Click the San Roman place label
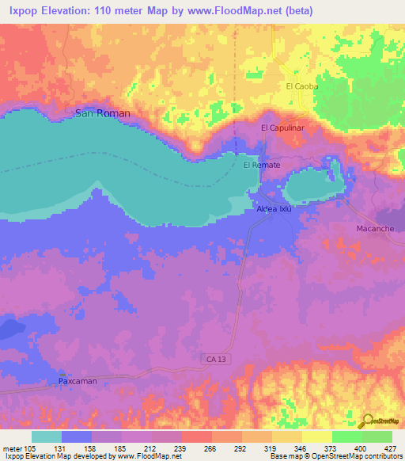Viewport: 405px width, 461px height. tap(102, 113)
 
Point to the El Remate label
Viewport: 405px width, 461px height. tap(262, 165)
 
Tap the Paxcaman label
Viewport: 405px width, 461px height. tap(81, 381)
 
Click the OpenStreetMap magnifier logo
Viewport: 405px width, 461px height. tap(366, 421)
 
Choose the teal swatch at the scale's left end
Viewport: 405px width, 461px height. tap(47, 436)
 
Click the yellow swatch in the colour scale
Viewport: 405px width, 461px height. tap(316, 436)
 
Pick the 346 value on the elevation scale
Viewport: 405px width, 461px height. tap(299, 448)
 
